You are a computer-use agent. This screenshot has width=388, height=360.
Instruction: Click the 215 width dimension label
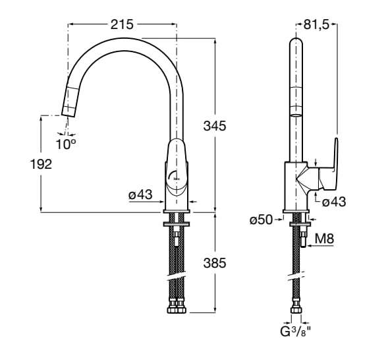tap(122, 24)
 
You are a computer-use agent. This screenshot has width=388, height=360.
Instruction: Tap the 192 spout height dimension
tap(41, 164)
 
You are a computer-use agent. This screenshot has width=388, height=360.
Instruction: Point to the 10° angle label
tap(65, 142)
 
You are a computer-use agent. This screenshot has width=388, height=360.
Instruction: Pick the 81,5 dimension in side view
tap(316, 24)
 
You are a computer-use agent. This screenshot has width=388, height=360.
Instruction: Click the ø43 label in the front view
tap(140, 195)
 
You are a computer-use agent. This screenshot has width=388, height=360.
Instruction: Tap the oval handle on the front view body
tap(176, 168)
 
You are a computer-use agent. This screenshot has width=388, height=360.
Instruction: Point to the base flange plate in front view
tap(176, 212)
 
